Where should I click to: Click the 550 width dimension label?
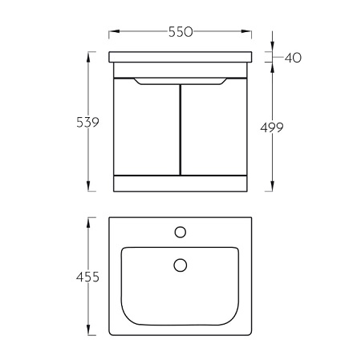pyautogui.click(x=180, y=32)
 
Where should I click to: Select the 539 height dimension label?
pyautogui.click(x=87, y=122)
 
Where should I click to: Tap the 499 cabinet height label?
pyautogui.click(x=272, y=127)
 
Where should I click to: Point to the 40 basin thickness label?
pyautogui.click(x=293, y=58)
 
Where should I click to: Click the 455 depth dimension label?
pyautogui.click(x=87, y=277)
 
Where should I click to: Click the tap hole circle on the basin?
pyautogui.click(x=180, y=232)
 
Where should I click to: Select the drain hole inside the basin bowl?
pyautogui.click(x=180, y=265)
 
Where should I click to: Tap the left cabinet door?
pyautogui.click(x=147, y=128)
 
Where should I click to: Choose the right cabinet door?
pyautogui.click(x=214, y=128)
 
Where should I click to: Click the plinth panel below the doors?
pyautogui.click(x=180, y=184)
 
